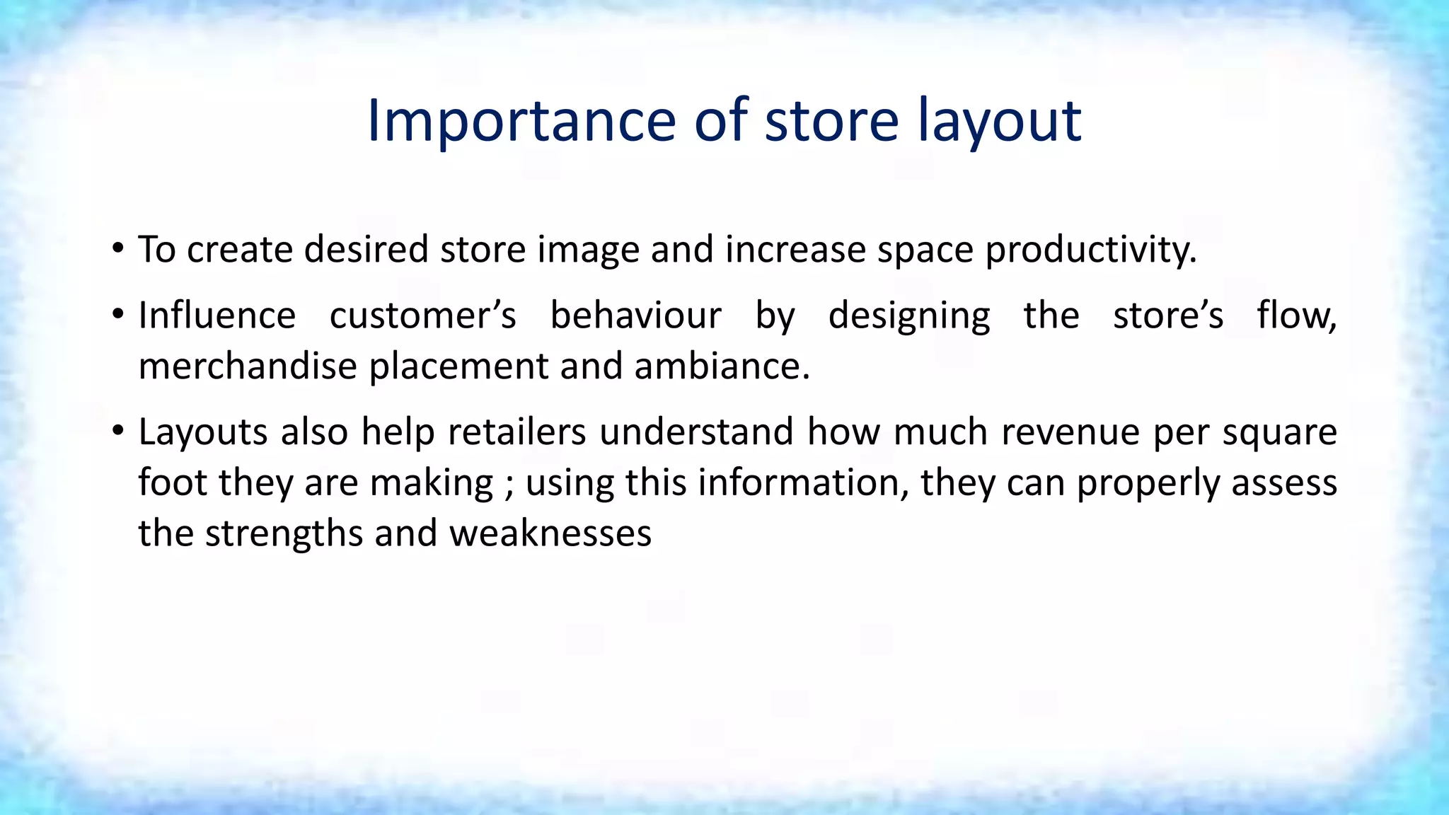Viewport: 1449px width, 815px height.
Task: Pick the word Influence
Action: (217, 316)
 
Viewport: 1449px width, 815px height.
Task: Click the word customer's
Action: (423, 316)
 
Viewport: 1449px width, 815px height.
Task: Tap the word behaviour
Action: (636, 316)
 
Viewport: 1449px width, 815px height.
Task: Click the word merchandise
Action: (248, 366)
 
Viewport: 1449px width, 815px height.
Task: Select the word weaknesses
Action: (550, 533)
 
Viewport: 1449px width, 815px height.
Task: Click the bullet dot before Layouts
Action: (118, 430)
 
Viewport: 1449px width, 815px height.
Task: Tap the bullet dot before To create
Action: (118, 248)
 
